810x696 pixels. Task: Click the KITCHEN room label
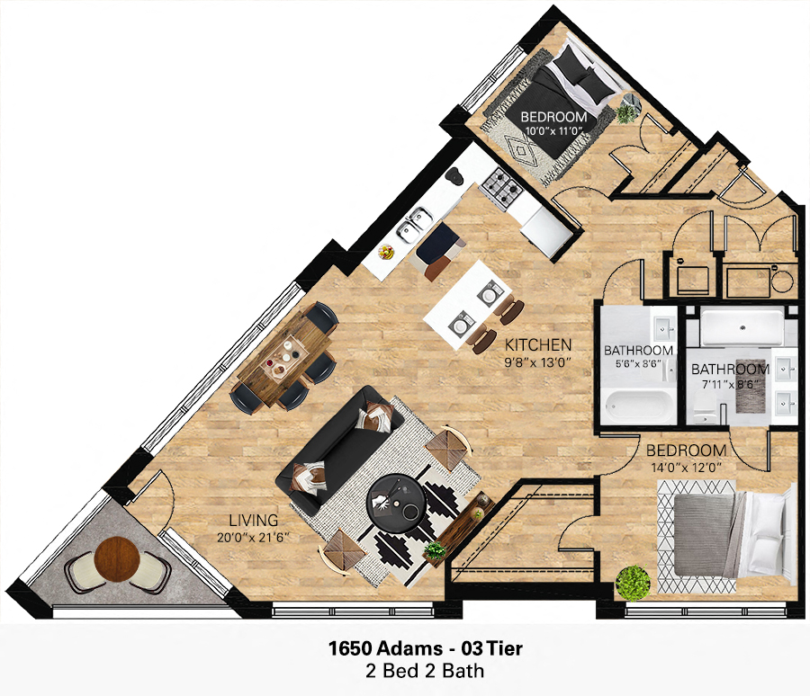[x=537, y=344]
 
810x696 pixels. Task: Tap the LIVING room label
[x=254, y=521]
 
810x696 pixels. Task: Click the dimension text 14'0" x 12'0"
[x=685, y=467]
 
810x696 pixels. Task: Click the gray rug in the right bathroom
[x=751, y=397]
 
